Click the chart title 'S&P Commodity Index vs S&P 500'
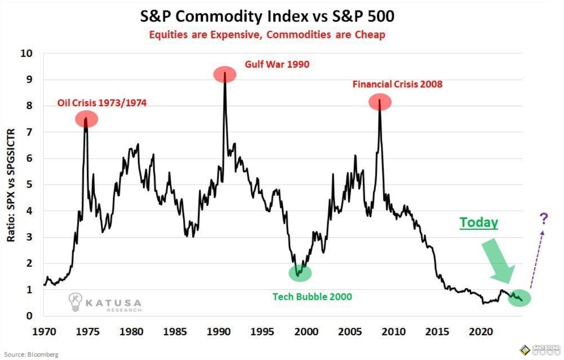pos(267,16)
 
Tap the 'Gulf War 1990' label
pos(277,64)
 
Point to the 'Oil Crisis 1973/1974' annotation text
pos(102,103)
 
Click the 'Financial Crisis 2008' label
pos(398,84)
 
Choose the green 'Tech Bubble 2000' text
pos(312,297)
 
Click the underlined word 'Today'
pos(479,223)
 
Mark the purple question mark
pos(544,219)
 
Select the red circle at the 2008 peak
pos(379,102)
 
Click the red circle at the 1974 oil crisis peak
pos(86,119)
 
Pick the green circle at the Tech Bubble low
pos(300,272)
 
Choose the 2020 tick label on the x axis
pos(482,331)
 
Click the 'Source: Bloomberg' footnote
pos(31,354)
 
